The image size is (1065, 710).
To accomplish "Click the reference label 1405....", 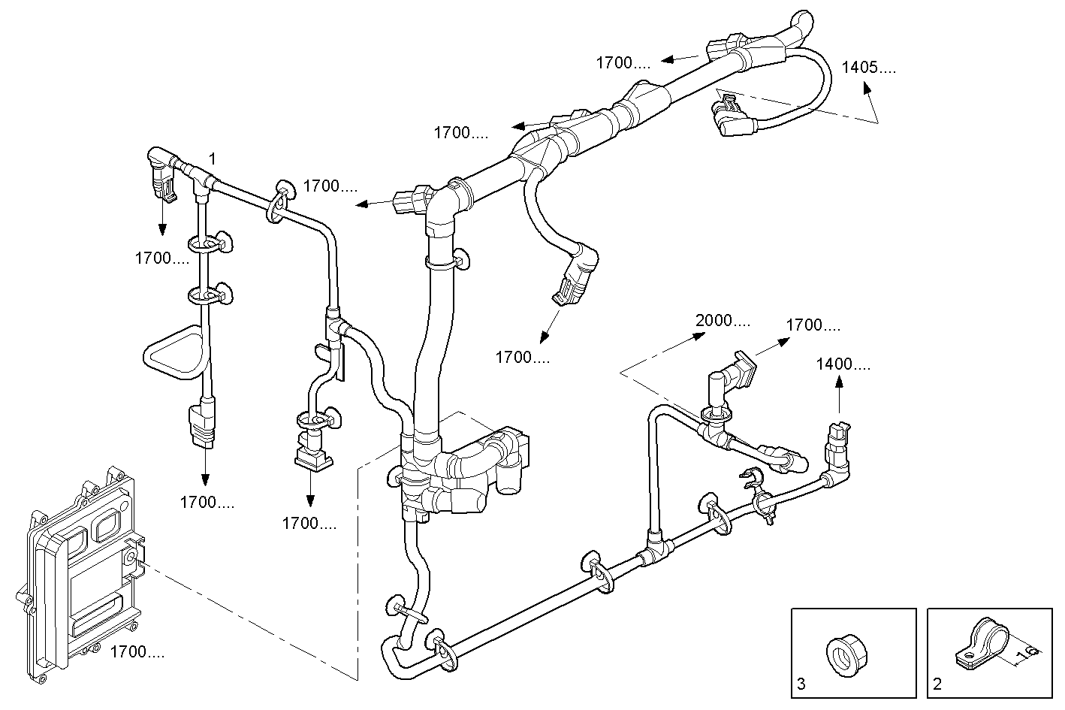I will [867, 67].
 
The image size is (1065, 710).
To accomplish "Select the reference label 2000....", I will [722, 322].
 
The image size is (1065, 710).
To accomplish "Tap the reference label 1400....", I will [844, 364].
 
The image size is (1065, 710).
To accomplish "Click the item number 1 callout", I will [213, 159].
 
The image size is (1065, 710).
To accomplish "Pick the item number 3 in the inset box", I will [801, 684].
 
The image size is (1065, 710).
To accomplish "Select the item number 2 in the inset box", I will [937, 684].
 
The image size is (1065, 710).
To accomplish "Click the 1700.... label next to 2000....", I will [813, 325].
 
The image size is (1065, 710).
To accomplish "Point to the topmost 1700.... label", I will [623, 63].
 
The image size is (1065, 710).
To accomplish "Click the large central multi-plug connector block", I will [466, 470].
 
